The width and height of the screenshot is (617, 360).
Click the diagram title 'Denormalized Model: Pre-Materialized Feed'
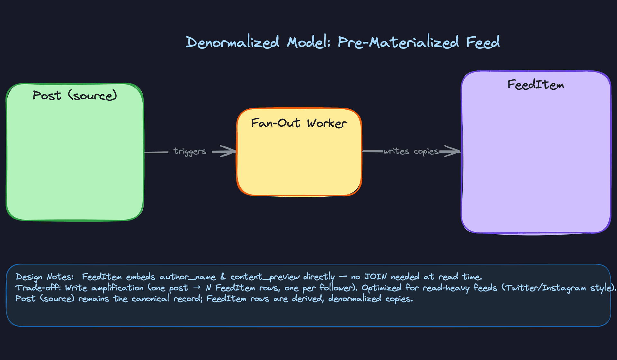point(343,42)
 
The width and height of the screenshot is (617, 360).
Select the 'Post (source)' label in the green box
point(75,95)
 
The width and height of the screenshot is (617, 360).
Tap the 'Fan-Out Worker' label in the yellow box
point(299,123)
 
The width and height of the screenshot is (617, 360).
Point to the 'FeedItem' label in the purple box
point(536,85)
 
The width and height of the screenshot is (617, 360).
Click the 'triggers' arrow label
point(190,151)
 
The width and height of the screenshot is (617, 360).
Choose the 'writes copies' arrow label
point(411,151)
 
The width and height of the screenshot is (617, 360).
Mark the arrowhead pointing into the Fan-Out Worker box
point(229,151)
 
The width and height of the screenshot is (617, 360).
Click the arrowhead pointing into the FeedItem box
point(453,151)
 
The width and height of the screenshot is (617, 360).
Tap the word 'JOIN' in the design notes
point(375,277)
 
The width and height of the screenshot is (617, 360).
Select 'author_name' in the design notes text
point(188,277)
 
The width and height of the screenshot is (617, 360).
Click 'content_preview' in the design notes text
point(265,277)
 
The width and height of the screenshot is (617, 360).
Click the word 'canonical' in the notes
point(150,299)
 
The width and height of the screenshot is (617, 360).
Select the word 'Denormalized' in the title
point(232,42)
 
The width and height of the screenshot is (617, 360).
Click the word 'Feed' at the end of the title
point(483,42)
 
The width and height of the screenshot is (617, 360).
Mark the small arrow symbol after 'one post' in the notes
point(197,288)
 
